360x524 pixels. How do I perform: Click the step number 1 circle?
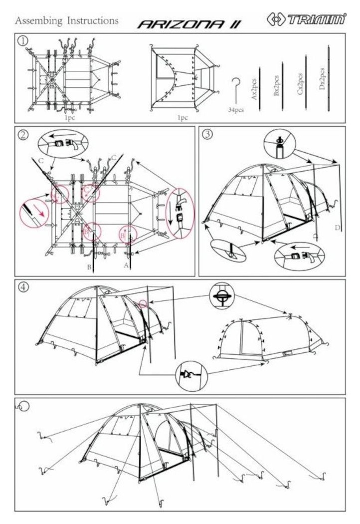(23, 41)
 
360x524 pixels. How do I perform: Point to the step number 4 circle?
(23, 287)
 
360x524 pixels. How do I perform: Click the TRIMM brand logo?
(307, 19)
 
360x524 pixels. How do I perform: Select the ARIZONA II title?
(189, 24)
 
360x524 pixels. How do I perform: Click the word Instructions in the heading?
(93, 20)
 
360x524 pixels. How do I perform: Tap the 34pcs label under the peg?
(236, 110)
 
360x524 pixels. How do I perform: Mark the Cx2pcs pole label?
(300, 84)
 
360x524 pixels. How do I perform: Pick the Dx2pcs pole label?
(322, 79)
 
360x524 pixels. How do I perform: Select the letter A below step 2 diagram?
(126, 265)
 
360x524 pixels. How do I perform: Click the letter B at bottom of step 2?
(89, 267)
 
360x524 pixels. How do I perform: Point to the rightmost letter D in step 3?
(338, 228)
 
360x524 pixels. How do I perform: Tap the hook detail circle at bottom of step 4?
(191, 376)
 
